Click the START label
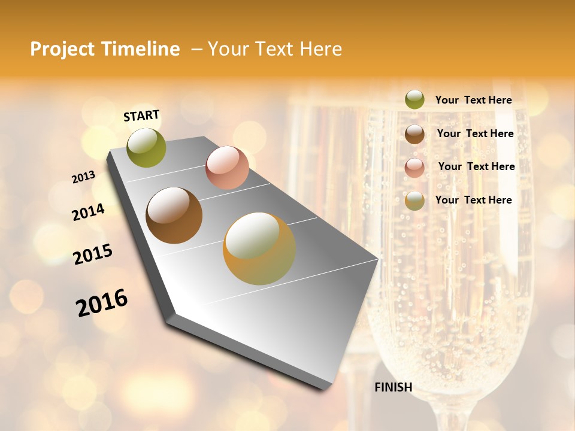coord(141,116)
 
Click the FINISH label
coord(394,387)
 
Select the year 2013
coord(84,177)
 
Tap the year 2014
coord(89,213)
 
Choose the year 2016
coord(102,302)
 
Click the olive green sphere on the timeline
coord(146,148)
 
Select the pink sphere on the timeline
coord(227,168)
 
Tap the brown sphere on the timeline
coord(174,215)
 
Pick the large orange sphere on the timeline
coord(259,248)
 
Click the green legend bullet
coord(414,100)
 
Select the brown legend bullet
coord(414,134)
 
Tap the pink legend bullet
coord(414,168)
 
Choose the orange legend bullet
coord(414,201)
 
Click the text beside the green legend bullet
coord(473,100)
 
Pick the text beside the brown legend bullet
coord(475,133)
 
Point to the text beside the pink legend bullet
coord(476,166)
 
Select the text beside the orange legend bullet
coord(473,200)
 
